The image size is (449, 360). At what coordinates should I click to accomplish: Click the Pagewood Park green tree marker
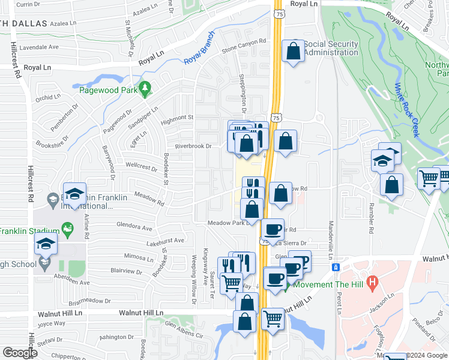(144, 89)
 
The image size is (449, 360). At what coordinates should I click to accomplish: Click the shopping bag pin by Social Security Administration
(294, 51)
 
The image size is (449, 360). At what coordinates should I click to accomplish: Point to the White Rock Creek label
(406, 108)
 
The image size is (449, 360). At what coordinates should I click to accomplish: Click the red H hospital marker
(372, 281)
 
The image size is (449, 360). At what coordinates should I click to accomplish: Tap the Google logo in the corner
(20, 353)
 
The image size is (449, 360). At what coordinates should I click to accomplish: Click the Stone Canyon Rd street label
(244, 46)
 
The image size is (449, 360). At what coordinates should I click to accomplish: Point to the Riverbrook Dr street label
(193, 146)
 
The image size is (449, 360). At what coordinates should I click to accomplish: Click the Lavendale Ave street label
(39, 47)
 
